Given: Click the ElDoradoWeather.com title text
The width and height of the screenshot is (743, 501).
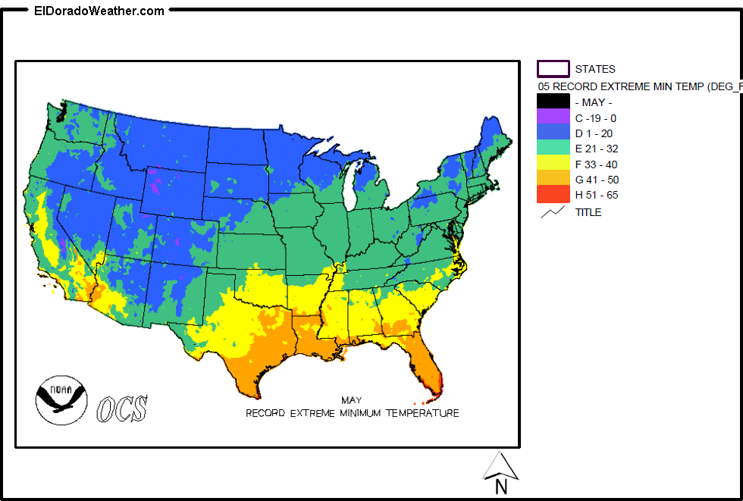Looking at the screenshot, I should (x=99, y=11).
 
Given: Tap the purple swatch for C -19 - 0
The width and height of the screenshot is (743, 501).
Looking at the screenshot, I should (x=553, y=117).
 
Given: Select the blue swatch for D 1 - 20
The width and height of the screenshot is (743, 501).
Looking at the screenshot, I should (x=553, y=133).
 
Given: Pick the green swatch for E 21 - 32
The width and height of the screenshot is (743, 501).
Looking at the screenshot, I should (x=553, y=149).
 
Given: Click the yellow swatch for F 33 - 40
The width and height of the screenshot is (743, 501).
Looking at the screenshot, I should (x=553, y=164).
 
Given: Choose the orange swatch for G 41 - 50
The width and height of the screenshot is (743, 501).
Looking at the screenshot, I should (x=553, y=179).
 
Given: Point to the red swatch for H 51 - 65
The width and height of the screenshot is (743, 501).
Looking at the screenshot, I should (x=553, y=195).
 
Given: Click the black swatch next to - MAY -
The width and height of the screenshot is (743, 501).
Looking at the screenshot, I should (x=553, y=102).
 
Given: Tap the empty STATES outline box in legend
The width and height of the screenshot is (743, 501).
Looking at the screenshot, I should (x=553, y=69).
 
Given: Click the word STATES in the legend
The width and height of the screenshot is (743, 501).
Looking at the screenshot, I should (x=595, y=69).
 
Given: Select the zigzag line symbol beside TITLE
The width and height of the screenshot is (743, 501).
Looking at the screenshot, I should (x=553, y=212).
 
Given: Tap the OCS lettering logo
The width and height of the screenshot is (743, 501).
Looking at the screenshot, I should (x=122, y=409).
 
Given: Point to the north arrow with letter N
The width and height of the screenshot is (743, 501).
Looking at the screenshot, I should (x=500, y=471).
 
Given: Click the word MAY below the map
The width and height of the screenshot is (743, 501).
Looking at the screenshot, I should (x=351, y=399).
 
